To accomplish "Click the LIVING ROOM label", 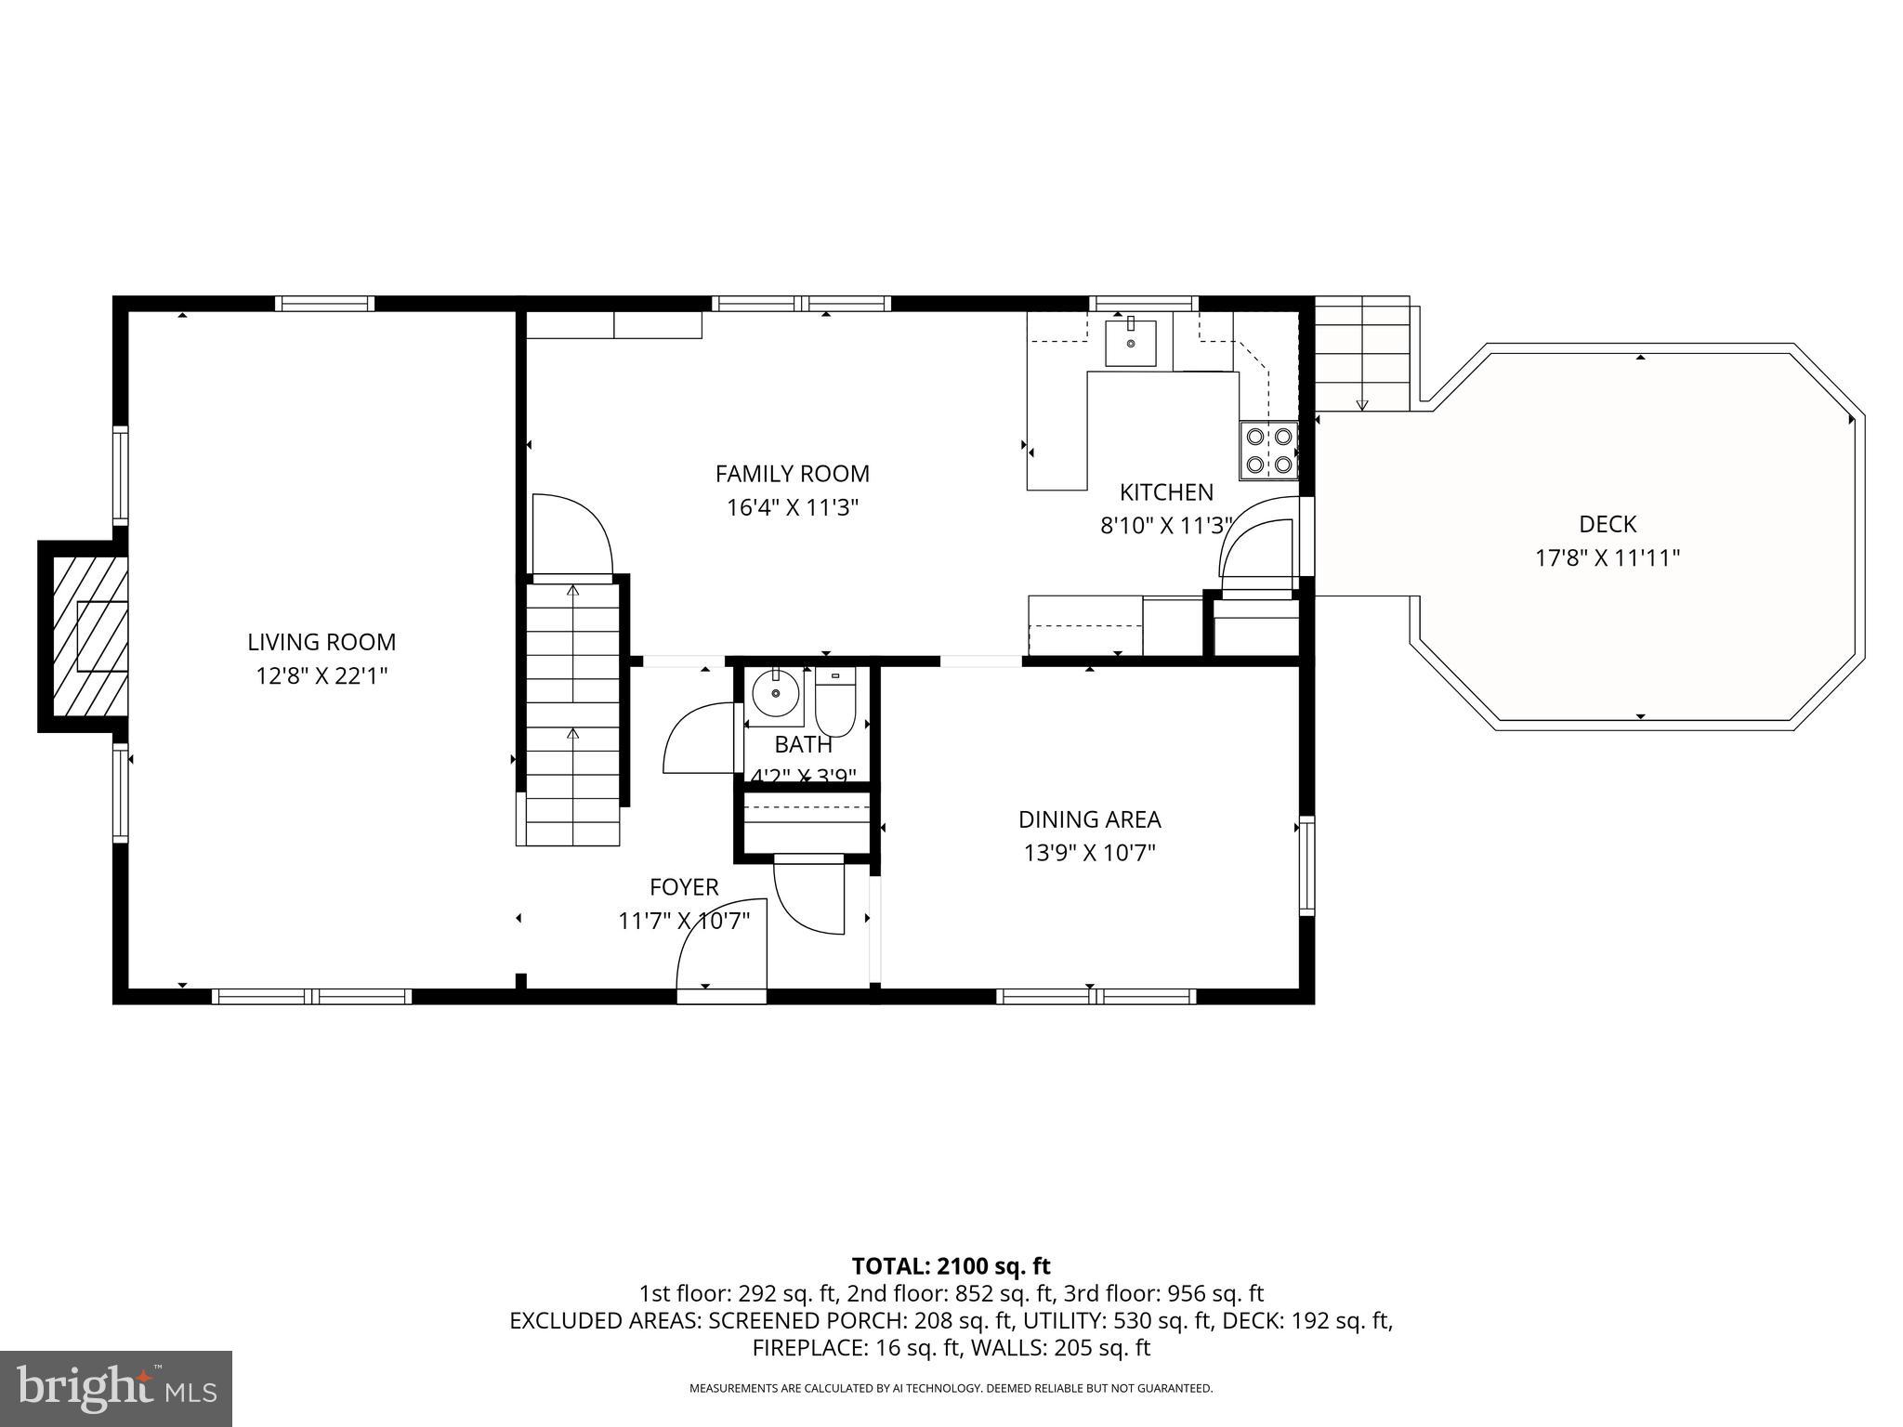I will click(x=322, y=642).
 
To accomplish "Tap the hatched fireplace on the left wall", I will click(x=90, y=636).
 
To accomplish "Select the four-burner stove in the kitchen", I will click(x=1267, y=450).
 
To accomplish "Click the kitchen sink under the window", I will click(x=1130, y=343).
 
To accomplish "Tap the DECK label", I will click(x=1607, y=524).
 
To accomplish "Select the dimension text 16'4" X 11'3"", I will click(x=792, y=508).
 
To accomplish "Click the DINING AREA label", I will click(x=1089, y=819).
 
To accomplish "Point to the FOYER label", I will click(x=684, y=886).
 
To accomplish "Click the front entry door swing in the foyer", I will click(x=720, y=948).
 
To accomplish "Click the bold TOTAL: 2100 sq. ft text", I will click(x=951, y=1265).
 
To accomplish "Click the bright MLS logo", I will click(x=116, y=1389).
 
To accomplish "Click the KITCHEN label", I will click(x=1165, y=492).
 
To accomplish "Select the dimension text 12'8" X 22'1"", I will click(x=322, y=676).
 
